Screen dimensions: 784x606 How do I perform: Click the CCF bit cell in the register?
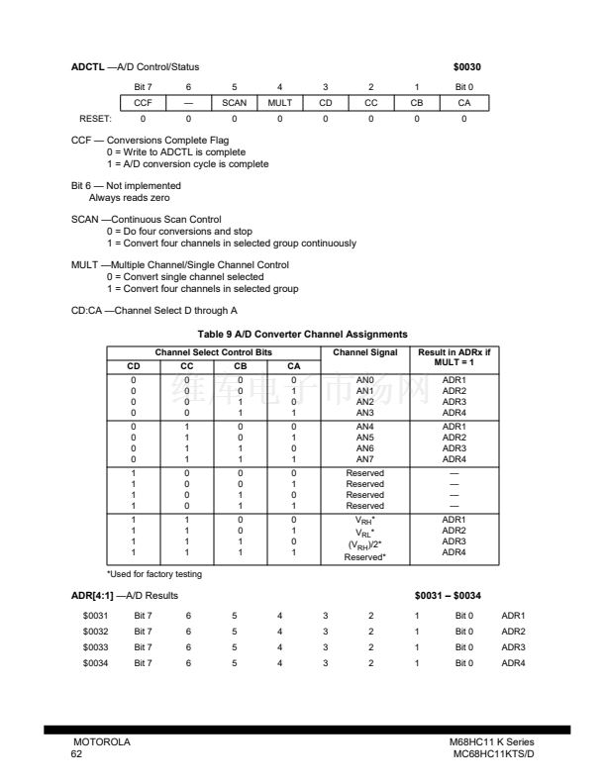click(x=143, y=103)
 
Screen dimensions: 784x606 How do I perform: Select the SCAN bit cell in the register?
click(x=234, y=103)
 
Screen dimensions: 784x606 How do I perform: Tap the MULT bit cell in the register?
click(x=279, y=103)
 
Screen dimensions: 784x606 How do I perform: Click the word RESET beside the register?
click(x=91, y=119)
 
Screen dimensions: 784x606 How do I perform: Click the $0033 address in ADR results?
click(x=95, y=645)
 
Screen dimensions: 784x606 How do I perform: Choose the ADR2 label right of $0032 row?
click(x=513, y=630)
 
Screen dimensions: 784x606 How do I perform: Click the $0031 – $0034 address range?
click(x=450, y=597)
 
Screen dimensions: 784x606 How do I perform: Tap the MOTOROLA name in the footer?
click(x=102, y=742)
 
